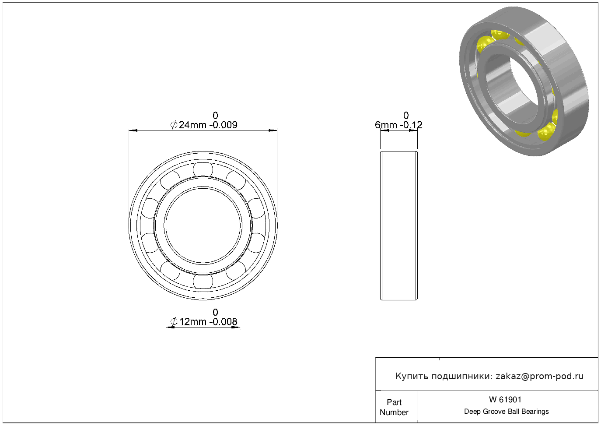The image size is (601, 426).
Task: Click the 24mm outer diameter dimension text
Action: [192, 125]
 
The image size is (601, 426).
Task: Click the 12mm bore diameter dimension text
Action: [192, 322]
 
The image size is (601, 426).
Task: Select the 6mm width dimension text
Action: [386, 125]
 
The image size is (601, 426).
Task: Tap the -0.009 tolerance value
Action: [223, 125]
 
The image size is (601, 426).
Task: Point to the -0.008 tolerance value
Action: [223, 322]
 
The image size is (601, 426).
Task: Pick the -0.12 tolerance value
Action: [411, 125]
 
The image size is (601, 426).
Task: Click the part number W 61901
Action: [505, 400]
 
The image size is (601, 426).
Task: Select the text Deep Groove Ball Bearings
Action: [506, 412]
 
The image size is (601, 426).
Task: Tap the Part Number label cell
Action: [396, 407]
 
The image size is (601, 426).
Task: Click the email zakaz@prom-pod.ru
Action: [539, 377]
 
